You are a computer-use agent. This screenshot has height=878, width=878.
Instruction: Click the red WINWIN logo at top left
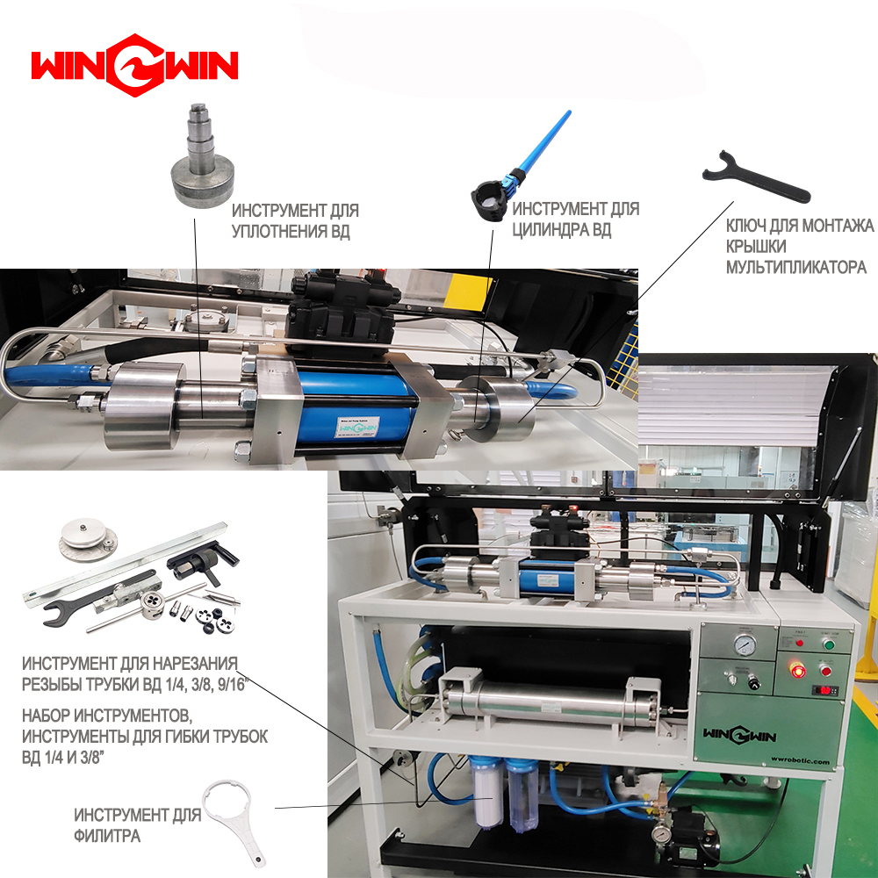pos(134,65)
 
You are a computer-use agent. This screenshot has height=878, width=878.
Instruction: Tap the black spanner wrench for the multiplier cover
pos(755,178)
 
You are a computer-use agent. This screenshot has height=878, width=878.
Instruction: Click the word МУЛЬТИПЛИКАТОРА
pos(796,267)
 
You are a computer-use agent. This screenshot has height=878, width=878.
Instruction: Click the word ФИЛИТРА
pos(107,836)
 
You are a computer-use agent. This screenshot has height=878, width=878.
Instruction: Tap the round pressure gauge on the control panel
pos(743,644)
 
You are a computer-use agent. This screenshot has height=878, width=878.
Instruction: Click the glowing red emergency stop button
pos(796,670)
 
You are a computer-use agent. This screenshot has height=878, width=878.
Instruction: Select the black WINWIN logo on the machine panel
pos(739,735)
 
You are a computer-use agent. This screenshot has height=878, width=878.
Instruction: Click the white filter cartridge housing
pos(486,792)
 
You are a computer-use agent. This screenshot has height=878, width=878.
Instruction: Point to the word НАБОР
pos(46,716)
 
